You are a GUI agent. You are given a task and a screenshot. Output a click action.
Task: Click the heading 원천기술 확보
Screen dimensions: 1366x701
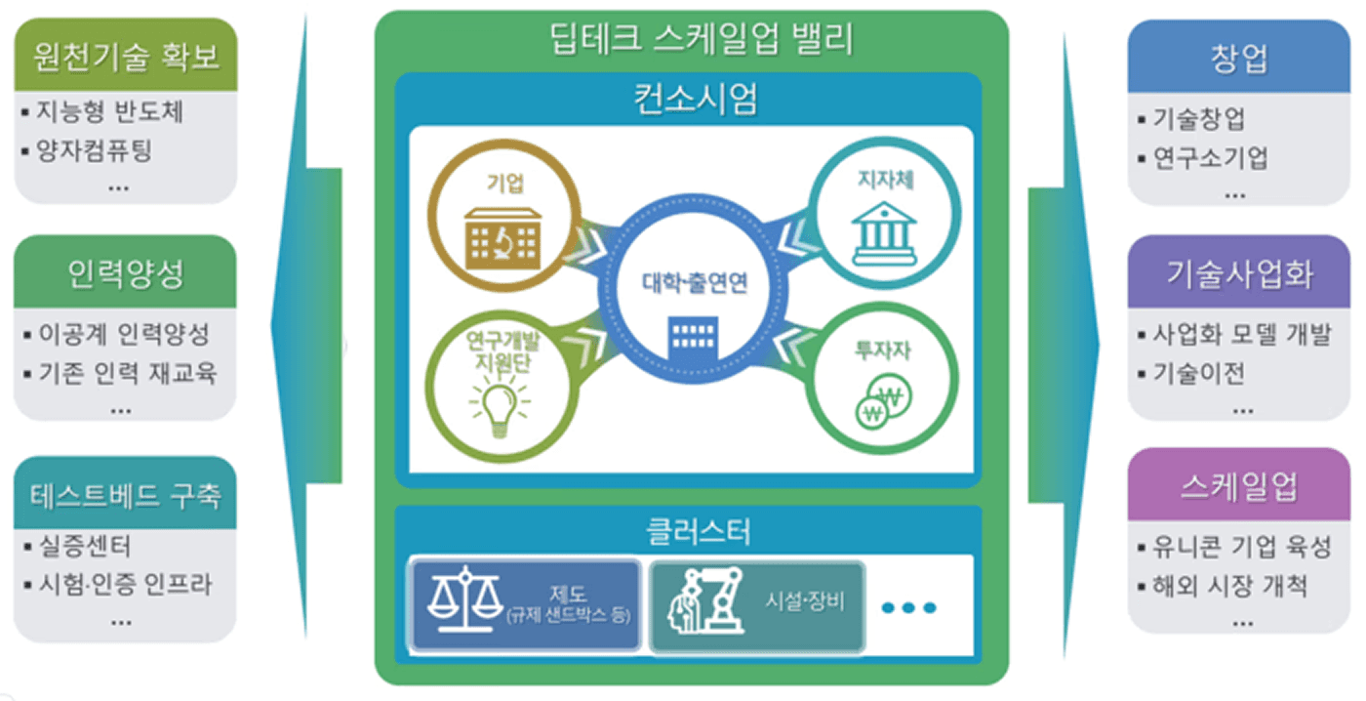(x=126, y=56)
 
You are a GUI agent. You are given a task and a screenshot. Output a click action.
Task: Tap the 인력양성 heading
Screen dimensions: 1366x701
(x=126, y=273)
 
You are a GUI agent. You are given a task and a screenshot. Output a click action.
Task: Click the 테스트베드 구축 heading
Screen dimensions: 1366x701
(x=126, y=495)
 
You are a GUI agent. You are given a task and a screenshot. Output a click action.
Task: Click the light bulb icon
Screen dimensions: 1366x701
(x=499, y=406)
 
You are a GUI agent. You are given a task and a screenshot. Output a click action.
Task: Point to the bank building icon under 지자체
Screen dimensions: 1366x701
(x=883, y=233)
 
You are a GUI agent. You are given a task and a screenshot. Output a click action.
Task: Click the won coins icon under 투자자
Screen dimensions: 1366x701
(x=881, y=404)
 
